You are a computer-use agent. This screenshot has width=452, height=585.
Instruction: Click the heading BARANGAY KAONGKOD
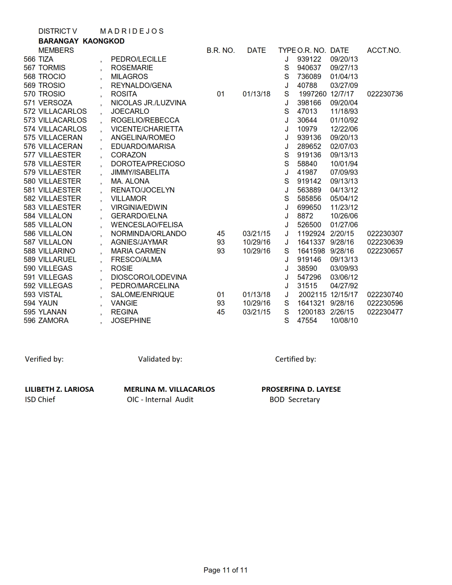click(x=81, y=41)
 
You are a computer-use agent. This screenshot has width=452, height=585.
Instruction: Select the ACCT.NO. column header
click(x=384, y=50)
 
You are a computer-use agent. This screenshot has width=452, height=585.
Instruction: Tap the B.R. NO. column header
click(x=221, y=50)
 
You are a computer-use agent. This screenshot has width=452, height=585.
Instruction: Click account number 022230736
click(x=385, y=94)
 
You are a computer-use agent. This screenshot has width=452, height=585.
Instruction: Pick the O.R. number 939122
click(x=309, y=59)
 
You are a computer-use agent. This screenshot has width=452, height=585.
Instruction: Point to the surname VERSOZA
click(x=55, y=103)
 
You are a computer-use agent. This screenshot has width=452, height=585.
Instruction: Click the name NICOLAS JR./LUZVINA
click(x=148, y=103)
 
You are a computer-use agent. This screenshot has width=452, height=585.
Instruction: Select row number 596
click(x=29, y=321)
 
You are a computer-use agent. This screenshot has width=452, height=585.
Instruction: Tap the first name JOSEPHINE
click(x=131, y=321)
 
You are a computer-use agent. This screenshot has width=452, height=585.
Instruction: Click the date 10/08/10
click(x=344, y=321)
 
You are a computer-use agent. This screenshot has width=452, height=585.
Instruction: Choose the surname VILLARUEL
click(x=57, y=260)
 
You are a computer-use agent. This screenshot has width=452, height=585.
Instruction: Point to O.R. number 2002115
click(x=312, y=295)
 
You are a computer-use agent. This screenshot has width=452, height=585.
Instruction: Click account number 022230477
click(x=385, y=312)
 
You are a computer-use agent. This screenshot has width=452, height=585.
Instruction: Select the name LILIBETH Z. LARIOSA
click(x=59, y=389)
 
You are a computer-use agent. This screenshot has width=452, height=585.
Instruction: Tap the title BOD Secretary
click(x=295, y=400)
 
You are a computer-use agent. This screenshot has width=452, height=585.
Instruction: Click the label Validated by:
click(x=160, y=359)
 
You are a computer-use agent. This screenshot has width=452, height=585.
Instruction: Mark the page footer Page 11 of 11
click(x=225, y=570)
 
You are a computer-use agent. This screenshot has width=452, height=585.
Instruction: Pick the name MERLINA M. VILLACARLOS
click(x=169, y=389)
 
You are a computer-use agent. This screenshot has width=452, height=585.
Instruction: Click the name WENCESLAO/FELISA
click(x=147, y=225)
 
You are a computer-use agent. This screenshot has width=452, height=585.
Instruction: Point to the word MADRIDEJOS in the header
click(x=132, y=31)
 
